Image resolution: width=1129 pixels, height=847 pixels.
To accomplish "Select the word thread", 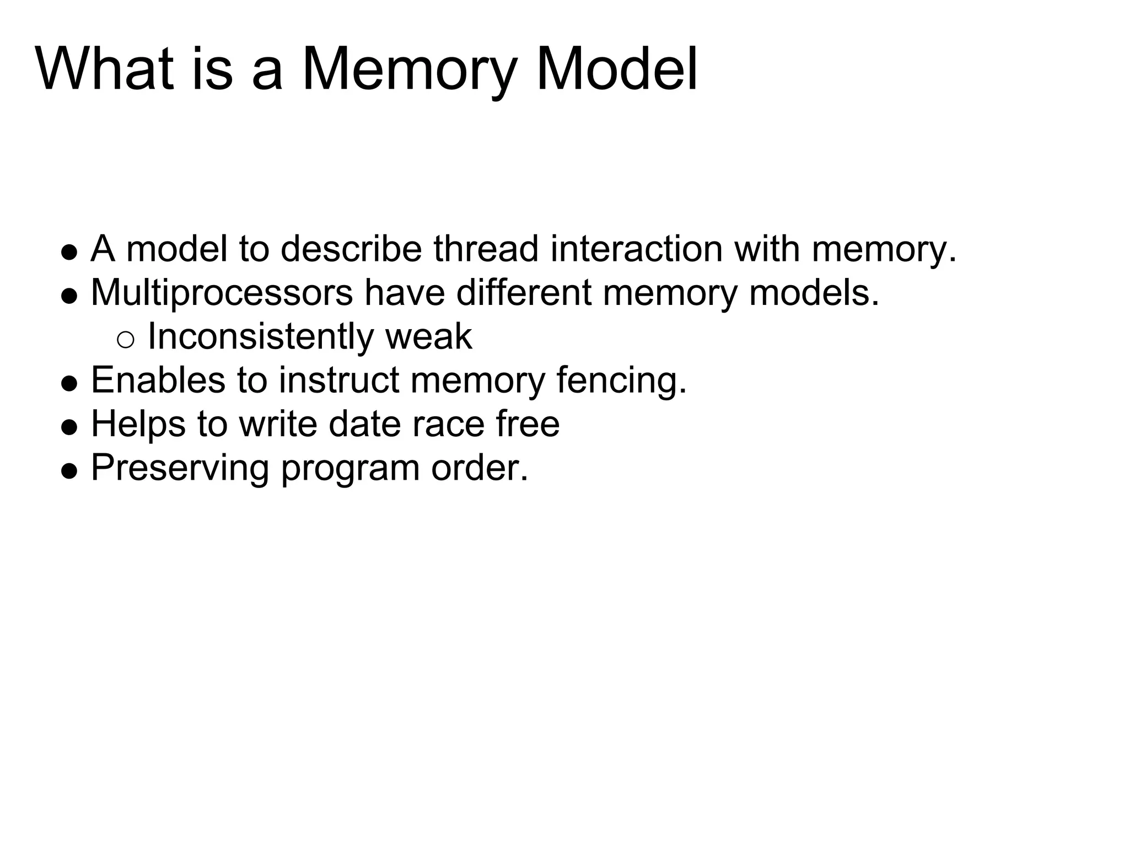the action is click(485, 249).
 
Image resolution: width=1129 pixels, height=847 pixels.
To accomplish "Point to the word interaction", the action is click(636, 249).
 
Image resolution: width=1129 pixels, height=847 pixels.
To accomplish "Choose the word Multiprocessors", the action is click(222, 293).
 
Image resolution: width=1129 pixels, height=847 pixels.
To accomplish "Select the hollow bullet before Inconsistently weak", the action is click(125, 340).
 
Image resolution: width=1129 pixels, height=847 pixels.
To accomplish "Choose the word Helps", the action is click(138, 425).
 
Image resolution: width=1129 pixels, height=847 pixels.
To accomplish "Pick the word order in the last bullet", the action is click(479, 468).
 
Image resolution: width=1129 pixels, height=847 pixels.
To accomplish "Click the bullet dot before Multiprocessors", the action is click(69, 297).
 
